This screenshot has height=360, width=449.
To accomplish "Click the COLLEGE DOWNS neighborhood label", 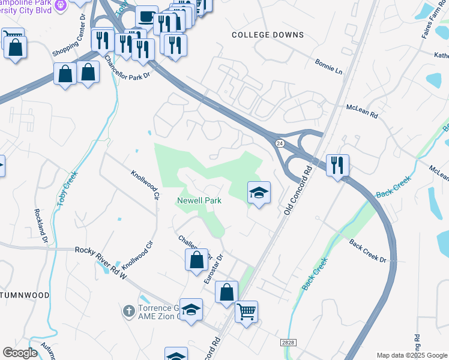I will [268, 35].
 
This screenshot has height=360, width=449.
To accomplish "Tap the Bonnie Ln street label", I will [329, 67].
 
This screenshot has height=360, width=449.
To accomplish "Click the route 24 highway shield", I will [280, 143].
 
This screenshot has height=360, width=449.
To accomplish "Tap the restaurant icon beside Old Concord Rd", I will [337, 164].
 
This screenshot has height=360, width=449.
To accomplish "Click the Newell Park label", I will [199, 200].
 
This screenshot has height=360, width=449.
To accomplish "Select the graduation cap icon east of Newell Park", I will [259, 193].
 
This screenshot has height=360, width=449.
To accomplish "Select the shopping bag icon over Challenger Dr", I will [196, 260].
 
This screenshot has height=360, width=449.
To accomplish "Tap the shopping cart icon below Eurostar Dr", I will [246, 312].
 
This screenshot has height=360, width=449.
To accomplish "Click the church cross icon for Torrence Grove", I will [128, 311].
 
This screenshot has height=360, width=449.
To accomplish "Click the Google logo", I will [21, 352].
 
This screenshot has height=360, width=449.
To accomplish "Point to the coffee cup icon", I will [146, 16].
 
